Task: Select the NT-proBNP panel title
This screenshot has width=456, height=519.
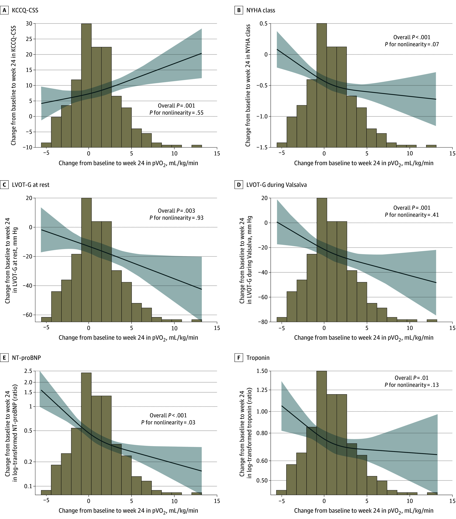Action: [x=26, y=358]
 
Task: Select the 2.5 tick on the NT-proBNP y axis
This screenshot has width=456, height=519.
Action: [x=28, y=371]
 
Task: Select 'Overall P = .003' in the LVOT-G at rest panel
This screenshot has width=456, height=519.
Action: [x=177, y=211]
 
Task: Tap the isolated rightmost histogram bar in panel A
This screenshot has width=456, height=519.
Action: [x=197, y=146]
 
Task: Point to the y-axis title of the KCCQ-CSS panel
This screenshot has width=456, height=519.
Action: [x=13, y=85]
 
